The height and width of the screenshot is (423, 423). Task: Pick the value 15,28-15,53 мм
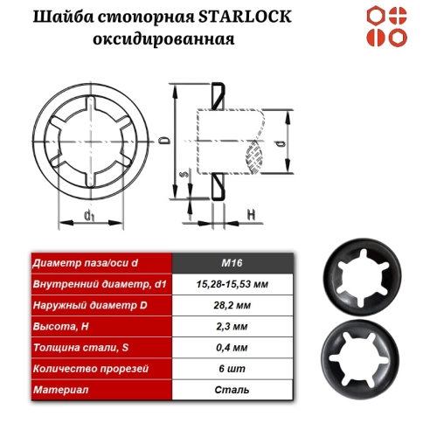click(x=233, y=284)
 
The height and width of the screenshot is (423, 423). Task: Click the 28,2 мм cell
click(x=233, y=305)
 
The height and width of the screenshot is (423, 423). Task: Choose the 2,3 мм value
click(x=233, y=326)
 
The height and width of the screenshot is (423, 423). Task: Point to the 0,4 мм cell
click(x=233, y=347)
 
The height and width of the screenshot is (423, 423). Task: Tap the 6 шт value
click(x=233, y=368)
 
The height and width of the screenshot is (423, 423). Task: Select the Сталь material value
click(x=233, y=389)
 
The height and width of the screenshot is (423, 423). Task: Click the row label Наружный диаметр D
click(x=84, y=305)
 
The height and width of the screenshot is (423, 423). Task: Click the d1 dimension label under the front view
click(x=89, y=215)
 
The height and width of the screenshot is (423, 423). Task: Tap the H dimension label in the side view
click(x=250, y=213)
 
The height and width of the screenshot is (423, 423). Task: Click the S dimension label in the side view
click(x=180, y=175)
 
